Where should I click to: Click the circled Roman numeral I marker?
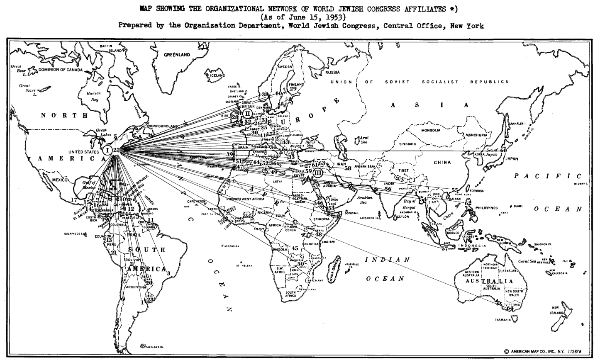tap(107, 150)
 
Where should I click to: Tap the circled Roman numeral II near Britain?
tap(246, 113)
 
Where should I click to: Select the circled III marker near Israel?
tap(318, 172)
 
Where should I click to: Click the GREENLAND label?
tap(177, 55)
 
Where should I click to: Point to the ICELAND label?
tap(217, 75)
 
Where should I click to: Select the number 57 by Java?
tap(445, 248)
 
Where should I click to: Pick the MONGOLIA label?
tap(431, 130)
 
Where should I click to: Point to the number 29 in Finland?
tap(293, 88)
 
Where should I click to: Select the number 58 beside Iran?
tap(348, 168)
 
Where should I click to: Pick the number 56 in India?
tap(388, 189)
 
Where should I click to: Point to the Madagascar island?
tap(334, 270)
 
